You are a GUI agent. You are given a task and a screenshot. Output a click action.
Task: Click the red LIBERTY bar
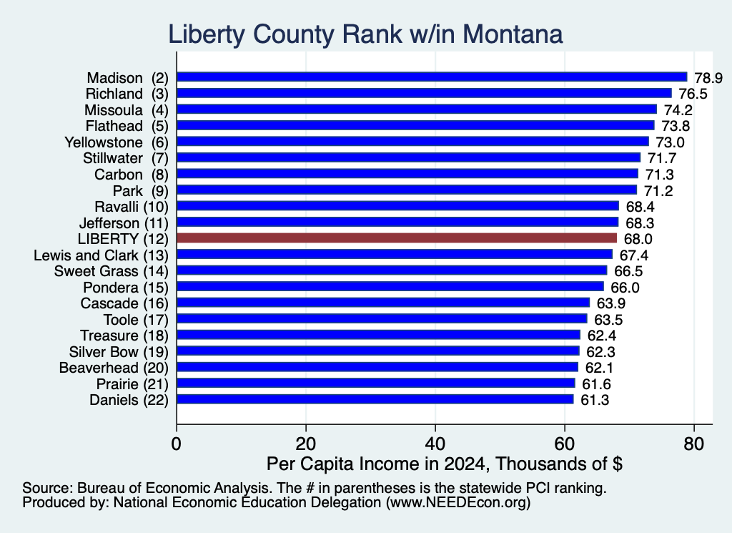point(397,238)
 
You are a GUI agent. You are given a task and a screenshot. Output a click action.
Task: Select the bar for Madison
point(432,77)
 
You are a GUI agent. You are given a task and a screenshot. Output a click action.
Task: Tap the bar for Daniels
point(375,399)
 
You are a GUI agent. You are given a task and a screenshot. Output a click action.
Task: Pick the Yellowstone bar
point(412,142)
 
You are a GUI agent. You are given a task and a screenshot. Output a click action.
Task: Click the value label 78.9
point(708,77)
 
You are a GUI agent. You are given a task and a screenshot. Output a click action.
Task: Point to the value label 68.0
point(638,239)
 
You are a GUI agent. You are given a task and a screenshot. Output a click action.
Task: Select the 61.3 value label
point(595,400)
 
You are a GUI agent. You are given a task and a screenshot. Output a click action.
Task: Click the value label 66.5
point(628,271)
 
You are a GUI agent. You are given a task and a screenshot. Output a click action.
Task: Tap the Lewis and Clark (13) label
point(101,255)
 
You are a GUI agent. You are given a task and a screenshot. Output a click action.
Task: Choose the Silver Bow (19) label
point(119,352)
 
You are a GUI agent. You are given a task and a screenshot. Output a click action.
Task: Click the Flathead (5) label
point(127,126)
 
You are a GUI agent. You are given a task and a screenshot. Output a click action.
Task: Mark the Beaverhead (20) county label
point(114,368)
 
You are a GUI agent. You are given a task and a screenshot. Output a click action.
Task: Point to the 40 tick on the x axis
point(435,444)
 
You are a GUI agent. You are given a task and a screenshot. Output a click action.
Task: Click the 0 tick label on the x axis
point(177,444)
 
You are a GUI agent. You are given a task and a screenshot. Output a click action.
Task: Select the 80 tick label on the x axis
point(693,444)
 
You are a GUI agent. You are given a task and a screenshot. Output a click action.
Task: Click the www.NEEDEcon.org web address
point(458,502)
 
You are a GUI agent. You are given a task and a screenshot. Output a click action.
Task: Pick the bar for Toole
point(382,318)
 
